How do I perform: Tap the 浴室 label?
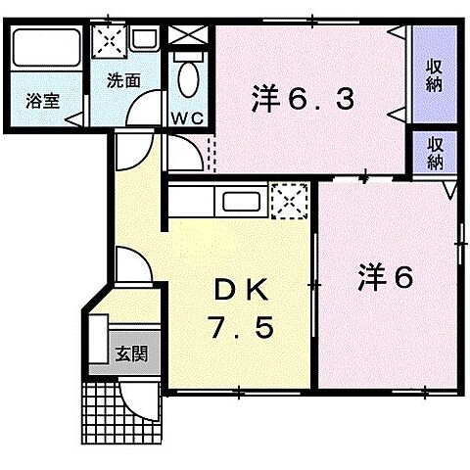(x=42, y=101)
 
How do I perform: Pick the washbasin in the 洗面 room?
(x=144, y=40)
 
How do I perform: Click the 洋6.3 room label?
(x=298, y=98)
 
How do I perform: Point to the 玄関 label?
(x=127, y=352)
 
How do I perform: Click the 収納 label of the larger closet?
(x=433, y=76)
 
